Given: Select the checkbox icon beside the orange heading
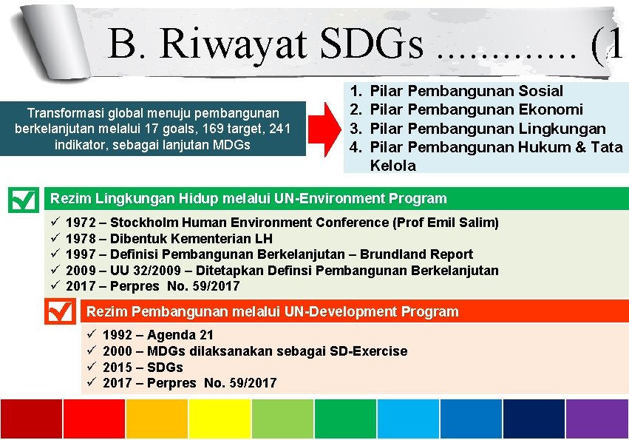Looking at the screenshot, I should [60, 311].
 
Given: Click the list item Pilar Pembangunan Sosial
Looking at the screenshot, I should [466, 92].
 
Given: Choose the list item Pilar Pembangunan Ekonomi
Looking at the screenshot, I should [476, 110].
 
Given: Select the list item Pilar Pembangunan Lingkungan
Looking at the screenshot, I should [487, 129].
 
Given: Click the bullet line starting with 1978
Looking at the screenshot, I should [169, 239].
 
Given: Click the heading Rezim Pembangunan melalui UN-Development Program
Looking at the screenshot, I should [273, 312].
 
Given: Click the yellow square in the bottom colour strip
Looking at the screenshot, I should [220, 419].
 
